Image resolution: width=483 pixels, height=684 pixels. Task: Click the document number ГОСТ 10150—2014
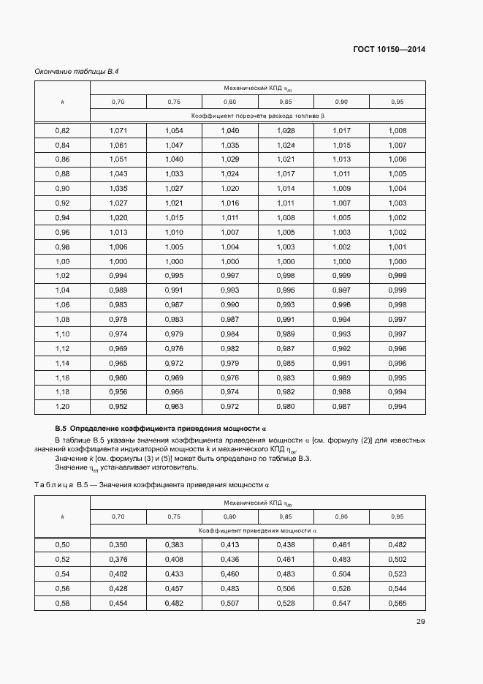[x=389, y=50]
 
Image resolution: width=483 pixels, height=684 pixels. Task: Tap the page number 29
[x=421, y=622]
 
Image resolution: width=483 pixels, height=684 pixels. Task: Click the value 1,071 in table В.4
[x=118, y=130]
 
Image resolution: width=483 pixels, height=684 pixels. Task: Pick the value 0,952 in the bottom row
[x=118, y=406]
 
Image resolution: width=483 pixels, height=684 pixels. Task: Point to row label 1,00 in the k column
[x=62, y=261]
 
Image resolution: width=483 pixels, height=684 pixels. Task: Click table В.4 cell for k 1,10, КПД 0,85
[x=286, y=334]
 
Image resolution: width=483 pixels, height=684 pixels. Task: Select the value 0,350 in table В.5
[x=118, y=545]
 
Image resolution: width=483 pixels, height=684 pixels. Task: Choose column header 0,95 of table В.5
[x=398, y=516]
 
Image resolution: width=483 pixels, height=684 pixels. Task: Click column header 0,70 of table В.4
[x=118, y=102]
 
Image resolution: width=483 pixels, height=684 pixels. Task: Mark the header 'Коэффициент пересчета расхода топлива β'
[x=257, y=116]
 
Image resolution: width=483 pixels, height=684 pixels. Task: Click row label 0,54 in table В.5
[x=62, y=574]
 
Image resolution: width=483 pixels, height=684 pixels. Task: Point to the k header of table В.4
[x=62, y=102]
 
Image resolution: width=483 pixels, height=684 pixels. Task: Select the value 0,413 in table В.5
[x=230, y=545]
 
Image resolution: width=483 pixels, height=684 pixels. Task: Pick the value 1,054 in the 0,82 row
[x=174, y=130]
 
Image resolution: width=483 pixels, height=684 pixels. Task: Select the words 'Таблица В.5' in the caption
[x=61, y=484]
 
